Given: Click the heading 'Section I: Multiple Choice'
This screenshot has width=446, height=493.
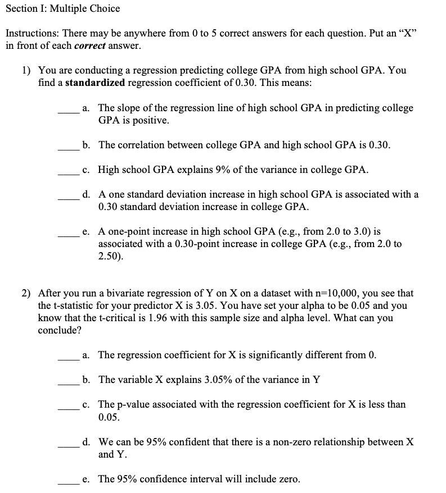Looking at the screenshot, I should click(62, 8).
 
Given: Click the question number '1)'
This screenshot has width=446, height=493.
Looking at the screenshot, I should click(26, 71).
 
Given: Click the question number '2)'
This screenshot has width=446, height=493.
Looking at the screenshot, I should click(26, 293).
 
